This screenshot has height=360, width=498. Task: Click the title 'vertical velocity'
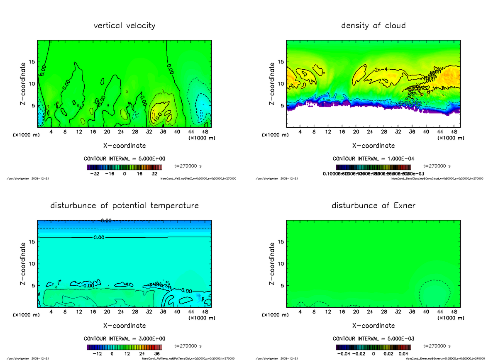coord(124,26)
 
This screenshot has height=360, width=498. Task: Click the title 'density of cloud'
coord(373,26)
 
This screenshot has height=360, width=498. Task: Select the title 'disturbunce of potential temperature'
coord(124,206)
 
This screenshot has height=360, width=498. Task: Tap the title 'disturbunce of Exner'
coord(373,206)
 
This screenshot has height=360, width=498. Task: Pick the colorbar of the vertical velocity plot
coord(124,168)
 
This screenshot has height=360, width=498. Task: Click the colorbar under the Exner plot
coord(373,347)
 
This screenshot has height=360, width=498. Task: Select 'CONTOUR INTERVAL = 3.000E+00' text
coord(124,338)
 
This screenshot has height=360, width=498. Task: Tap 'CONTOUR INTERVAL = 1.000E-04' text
coord(373,158)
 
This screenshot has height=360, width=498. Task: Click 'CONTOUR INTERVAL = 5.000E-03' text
coord(373,338)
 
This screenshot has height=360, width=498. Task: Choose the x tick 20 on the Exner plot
coord(356,311)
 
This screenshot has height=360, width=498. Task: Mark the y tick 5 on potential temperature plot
coord(33,285)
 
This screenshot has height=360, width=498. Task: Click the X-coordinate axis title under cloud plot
coord(373,146)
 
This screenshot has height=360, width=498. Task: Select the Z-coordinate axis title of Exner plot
coord(272,264)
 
